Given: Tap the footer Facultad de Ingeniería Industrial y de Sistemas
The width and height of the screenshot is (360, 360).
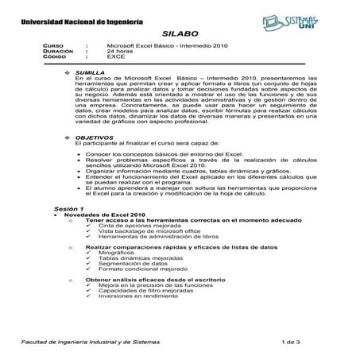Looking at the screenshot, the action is pyautogui.click(x=90, y=341).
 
